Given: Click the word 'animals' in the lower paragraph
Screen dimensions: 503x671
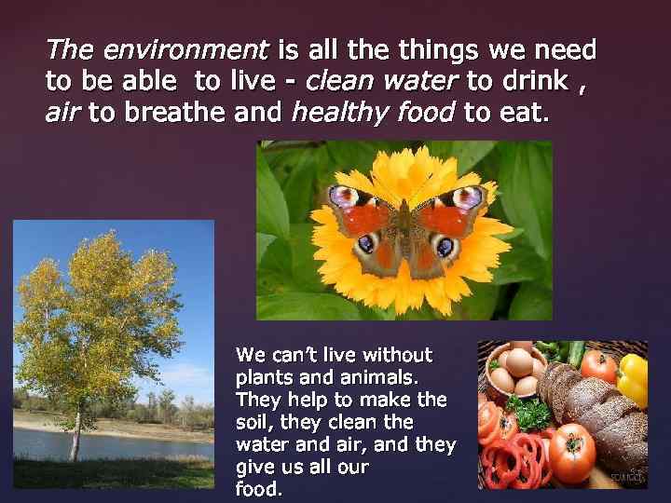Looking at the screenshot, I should click(382, 377).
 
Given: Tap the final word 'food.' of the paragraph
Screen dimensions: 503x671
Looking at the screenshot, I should click(260, 487).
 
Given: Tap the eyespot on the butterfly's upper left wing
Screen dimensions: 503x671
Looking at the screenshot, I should click(345, 198).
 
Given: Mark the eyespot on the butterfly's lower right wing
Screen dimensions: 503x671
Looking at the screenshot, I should click(445, 250).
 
